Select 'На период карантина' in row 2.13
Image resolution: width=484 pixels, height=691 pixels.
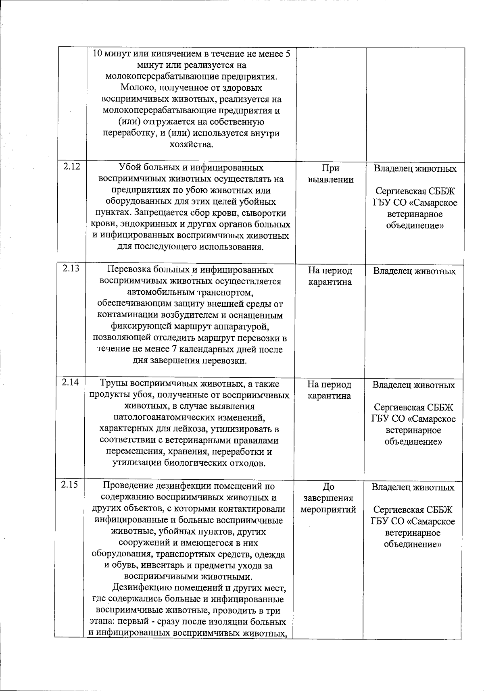[x=330, y=276]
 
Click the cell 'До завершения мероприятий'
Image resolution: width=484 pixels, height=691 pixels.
[x=328, y=498]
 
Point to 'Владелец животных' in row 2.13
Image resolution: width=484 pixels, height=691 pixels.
[x=414, y=271]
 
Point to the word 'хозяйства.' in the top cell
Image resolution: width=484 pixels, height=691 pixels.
[x=191, y=144]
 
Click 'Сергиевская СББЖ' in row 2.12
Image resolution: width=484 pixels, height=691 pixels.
[x=415, y=191]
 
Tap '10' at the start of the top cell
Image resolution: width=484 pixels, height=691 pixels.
[x=97, y=54]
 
